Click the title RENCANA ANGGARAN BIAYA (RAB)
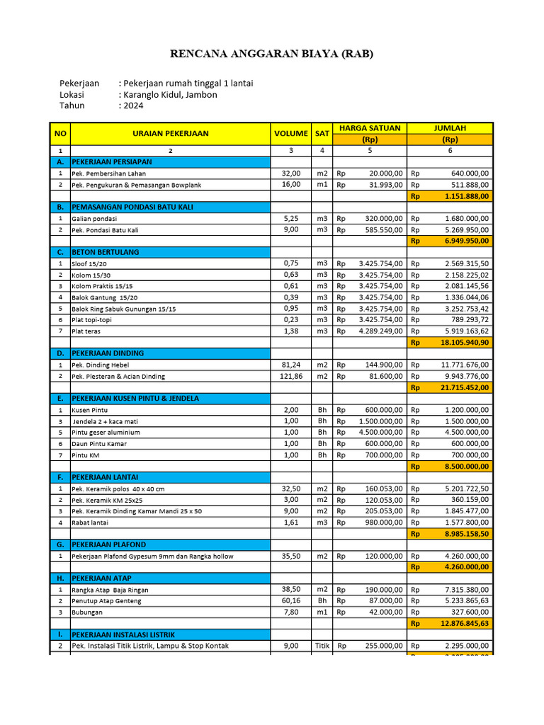[x=271, y=54]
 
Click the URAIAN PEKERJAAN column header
[x=170, y=133]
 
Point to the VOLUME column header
[x=291, y=133]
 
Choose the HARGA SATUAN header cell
[x=369, y=128]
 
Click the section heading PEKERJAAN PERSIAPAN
[x=112, y=162]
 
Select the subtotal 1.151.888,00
[x=465, y=196]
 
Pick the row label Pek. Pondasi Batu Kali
[x=105, y=230]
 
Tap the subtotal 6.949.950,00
[x=465, y=241]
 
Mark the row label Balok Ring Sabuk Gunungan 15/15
[x=124, y=309]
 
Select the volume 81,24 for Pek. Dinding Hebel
[x=291, y=365]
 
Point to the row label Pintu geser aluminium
[x=106, y=433]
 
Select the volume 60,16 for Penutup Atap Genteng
[x=291, y=600]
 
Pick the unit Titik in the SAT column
[x=322, y=646]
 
